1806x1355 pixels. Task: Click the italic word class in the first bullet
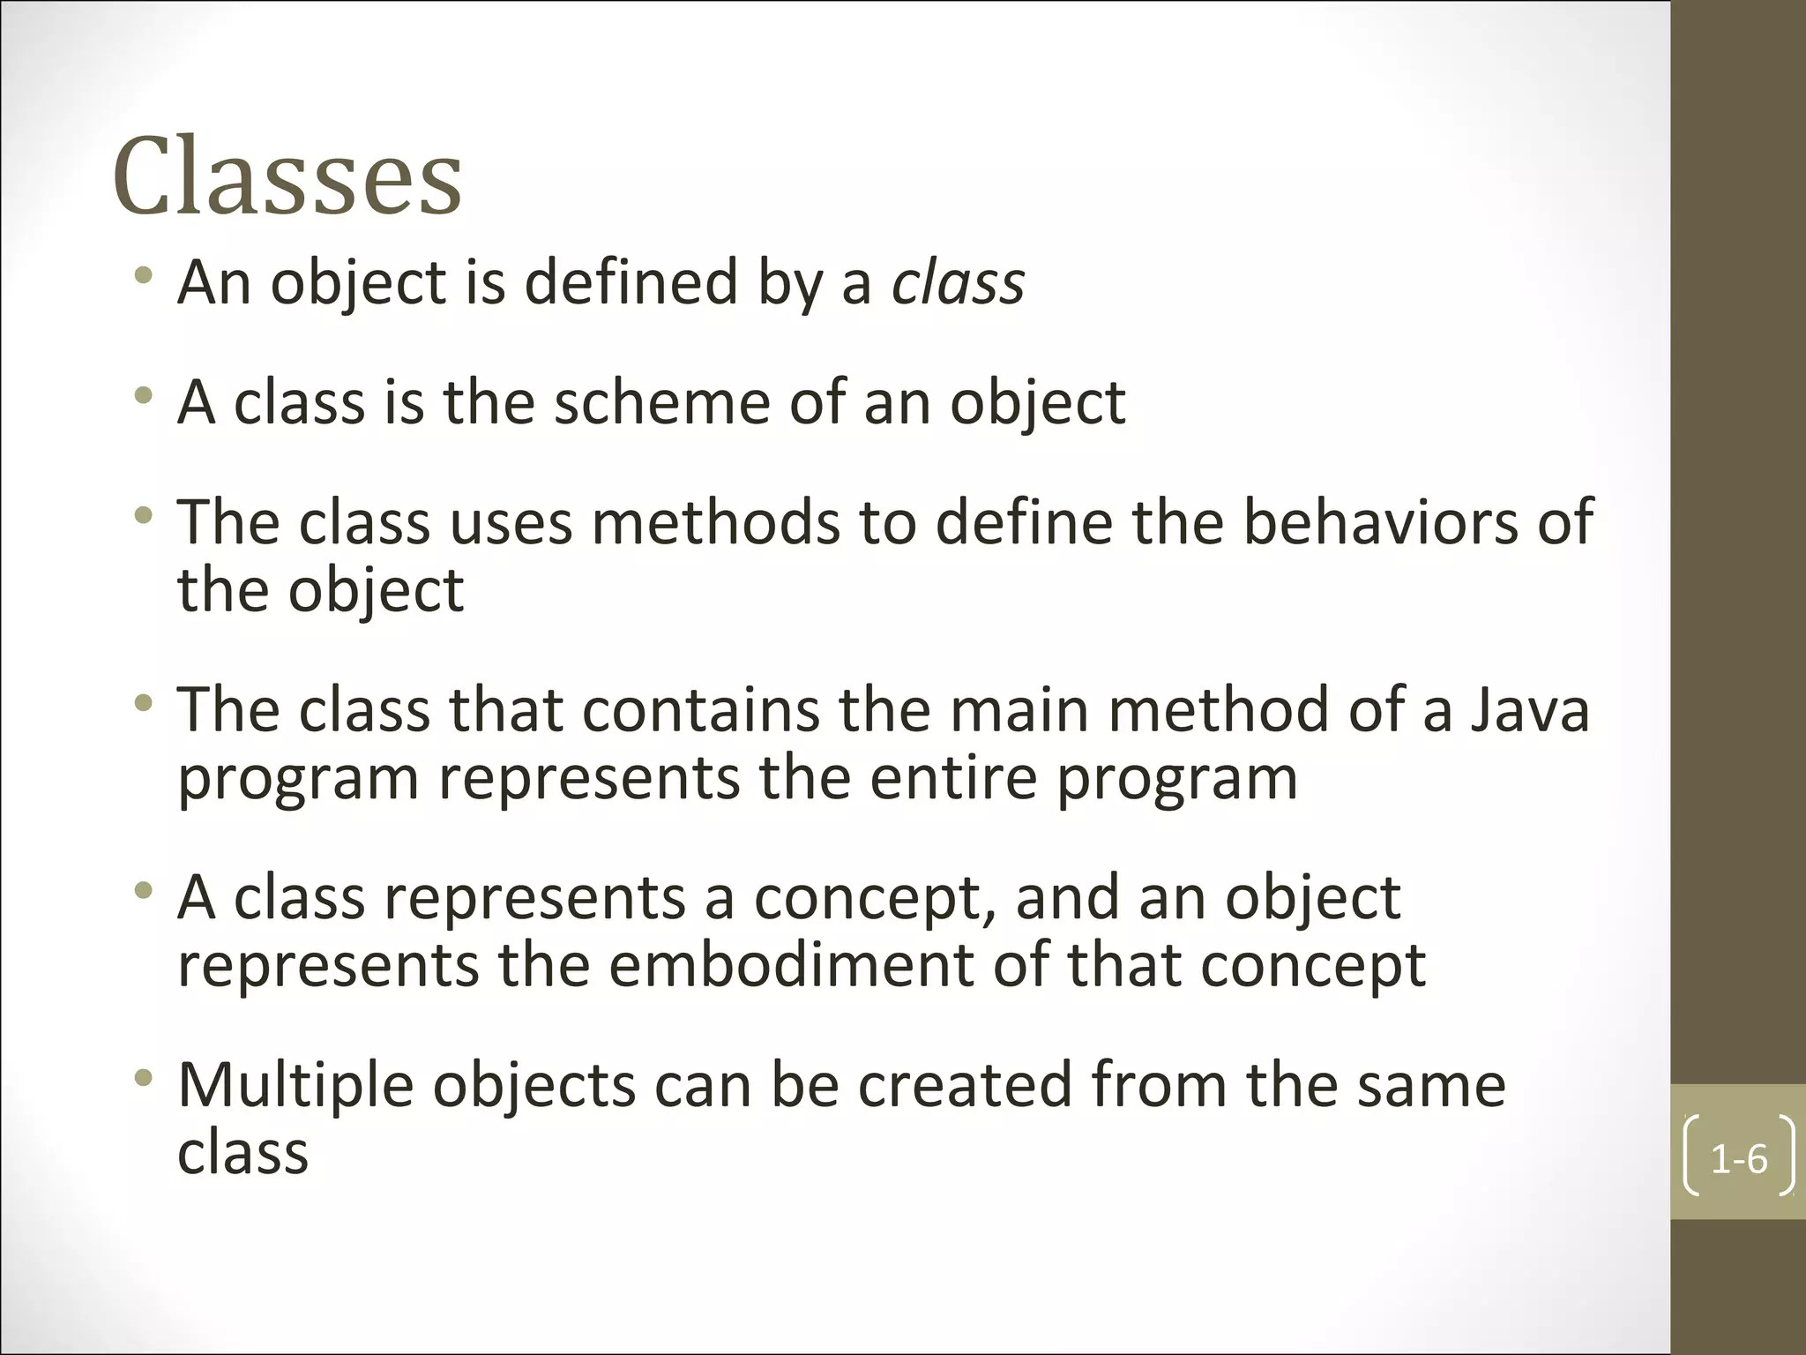(x=958, y=284)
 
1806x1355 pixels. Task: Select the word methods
(x=715, y=522)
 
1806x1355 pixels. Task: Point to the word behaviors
(x=1383, y=522)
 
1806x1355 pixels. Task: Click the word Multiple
(x=295, y=1087)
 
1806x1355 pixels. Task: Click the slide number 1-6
(x=1738, y=1159)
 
